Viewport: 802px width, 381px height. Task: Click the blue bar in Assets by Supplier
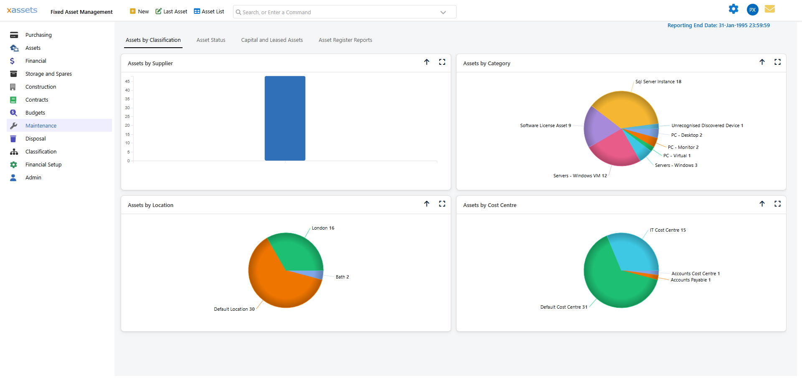pos(285,118)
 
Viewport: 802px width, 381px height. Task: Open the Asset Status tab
pos(211,40)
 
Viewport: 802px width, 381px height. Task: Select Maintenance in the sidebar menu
pos(41,125)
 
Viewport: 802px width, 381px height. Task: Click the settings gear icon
pos(733,9)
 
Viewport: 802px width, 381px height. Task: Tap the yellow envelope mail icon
pos(770,9)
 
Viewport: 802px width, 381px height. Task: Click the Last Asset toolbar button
pos(171,12)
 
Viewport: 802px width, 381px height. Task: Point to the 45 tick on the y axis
pos(127,82)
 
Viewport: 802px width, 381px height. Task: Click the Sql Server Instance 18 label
pos(658,82)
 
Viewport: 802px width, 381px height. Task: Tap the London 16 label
pos(323,228)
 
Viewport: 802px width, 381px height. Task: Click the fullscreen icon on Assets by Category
pos(777,62)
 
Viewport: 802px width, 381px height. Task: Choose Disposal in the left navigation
pos(36,138)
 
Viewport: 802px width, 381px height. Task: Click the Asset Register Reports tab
pos(345,40)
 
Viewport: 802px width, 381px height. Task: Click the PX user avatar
pos(752,10)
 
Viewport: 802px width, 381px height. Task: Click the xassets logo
pos(22,10)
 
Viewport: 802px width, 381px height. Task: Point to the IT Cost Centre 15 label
pos(667,230)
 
